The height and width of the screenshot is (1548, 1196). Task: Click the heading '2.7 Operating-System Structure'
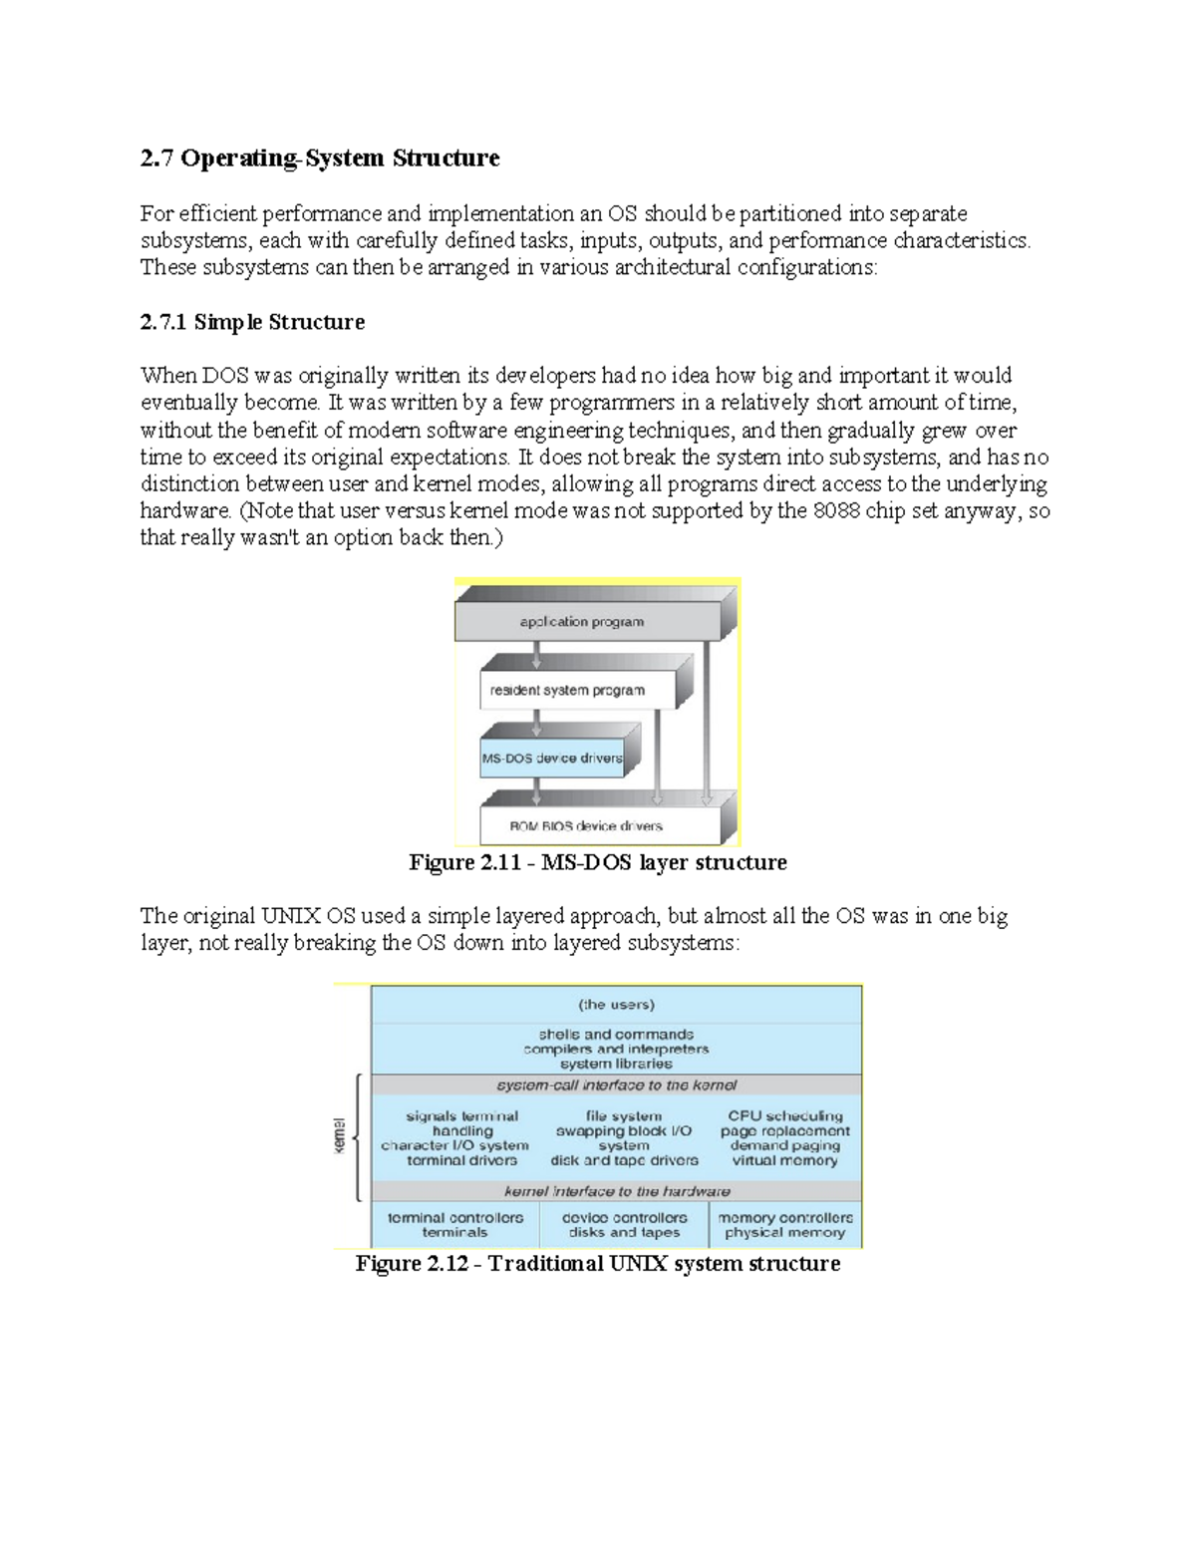[319, 158]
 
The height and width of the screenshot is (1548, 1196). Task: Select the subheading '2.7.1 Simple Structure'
[252, 322]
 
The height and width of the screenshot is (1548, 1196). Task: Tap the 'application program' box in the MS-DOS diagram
[582, 622]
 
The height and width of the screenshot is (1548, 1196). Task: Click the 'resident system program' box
[567, 690]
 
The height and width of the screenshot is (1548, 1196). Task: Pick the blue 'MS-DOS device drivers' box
[551, 759]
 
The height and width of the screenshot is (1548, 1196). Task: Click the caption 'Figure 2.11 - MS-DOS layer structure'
[597, 862]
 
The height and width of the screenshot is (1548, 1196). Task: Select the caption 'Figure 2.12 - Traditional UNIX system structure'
[598, 1264]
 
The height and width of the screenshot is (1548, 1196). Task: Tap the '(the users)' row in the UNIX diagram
[616, 1005]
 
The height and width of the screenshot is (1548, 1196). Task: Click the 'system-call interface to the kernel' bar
[616, 1085]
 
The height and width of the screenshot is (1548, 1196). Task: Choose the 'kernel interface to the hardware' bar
[616, 1191]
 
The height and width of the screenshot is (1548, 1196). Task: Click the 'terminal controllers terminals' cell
[454, 1225]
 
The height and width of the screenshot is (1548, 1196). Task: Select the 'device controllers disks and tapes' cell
[624, 1225]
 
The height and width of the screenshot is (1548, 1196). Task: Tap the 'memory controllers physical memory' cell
[785, 1225]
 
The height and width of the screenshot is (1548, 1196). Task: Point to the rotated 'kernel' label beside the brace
[339, 1136]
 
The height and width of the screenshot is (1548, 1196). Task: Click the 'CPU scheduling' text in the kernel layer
[785, 1116]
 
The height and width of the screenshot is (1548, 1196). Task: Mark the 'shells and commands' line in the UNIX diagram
[616, 1035]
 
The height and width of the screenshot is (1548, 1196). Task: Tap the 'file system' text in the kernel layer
[624, 1116]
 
